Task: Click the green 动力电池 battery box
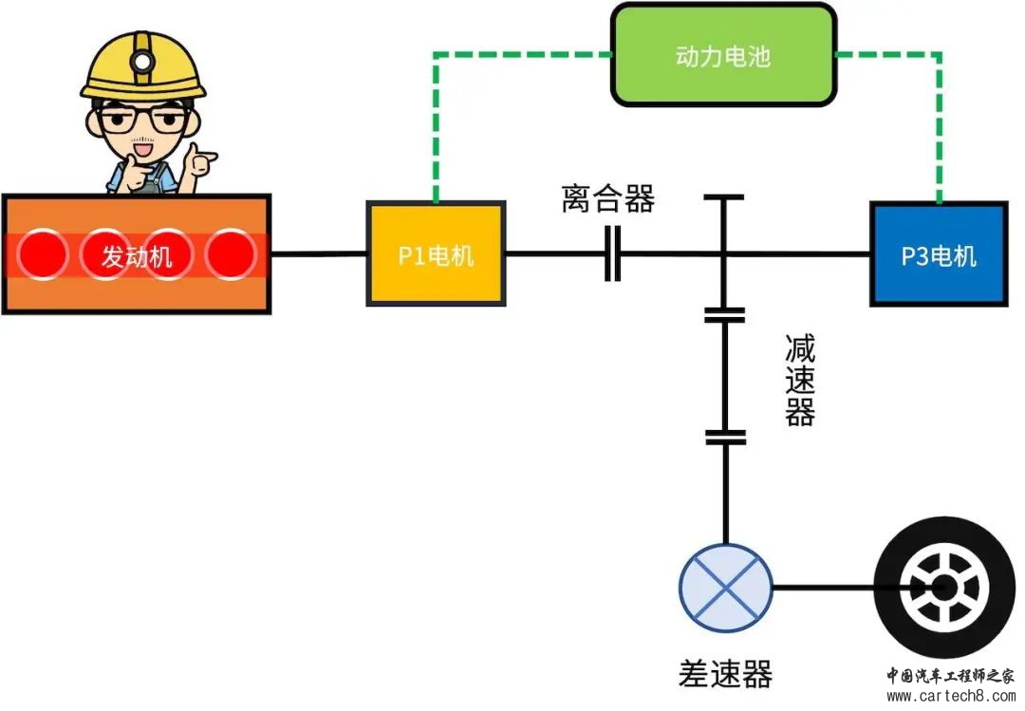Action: (723, 55)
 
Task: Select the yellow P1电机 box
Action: (436, 253)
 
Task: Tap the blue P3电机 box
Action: (939, 253)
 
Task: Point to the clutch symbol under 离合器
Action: (612, 253)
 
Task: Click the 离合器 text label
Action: (608, 199)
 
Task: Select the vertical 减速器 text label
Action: (800, 380)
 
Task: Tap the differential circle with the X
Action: (726, 587)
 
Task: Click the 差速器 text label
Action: (725, 673)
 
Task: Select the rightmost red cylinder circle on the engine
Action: (231, 254)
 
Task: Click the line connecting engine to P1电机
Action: (319, 253)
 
